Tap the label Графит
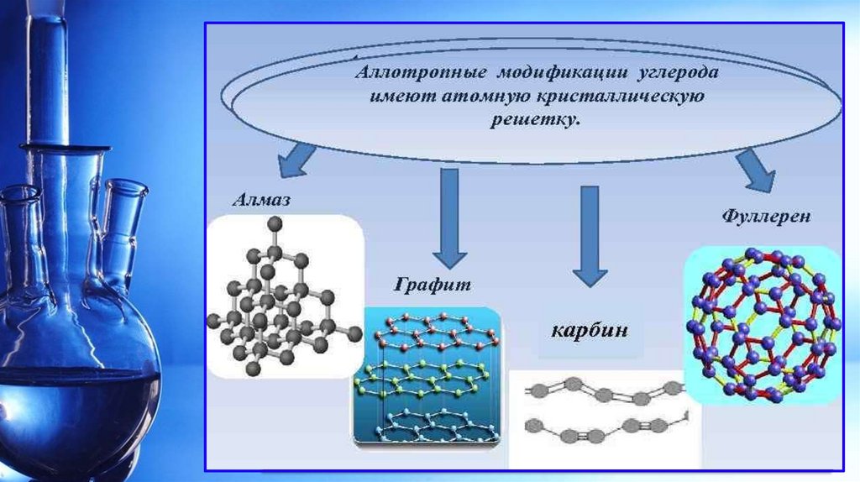coord(432,285)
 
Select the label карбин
coord(589,328)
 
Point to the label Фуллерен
coord(766,217)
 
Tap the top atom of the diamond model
coord(273,223)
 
